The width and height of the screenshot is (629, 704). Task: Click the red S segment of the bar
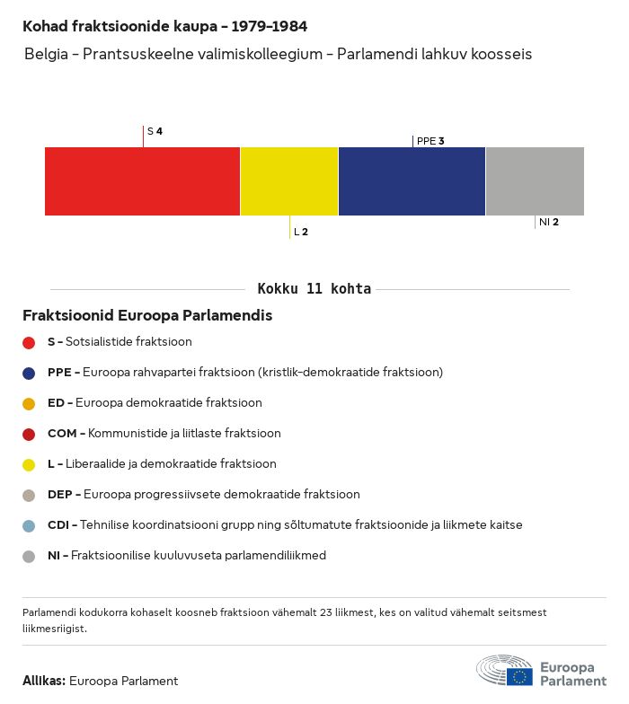click(142, 181)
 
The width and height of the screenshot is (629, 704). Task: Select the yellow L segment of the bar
click(289, 181)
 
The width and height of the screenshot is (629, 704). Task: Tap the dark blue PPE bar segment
click(412, 181)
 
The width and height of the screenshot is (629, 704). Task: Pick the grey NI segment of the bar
click(535, 181)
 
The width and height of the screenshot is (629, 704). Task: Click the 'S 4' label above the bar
click(155, 131)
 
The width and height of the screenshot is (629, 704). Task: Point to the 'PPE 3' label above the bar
click(430, 141)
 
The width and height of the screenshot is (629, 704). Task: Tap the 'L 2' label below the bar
click(301, 232)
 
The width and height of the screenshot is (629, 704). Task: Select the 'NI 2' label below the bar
click(548, 222)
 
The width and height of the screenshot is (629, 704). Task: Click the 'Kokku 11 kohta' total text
click(314, 289)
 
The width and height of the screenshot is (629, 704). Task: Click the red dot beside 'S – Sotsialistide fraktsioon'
click(29, 342)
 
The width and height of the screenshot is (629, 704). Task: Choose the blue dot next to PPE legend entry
click(29, 373)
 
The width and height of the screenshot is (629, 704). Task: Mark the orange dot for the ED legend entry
click(29, 403)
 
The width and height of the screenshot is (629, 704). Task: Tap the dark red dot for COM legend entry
click(29, 434)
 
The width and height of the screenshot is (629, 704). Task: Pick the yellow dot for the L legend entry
click(29, 464)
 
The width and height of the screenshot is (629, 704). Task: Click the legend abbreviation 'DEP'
click(59, 495)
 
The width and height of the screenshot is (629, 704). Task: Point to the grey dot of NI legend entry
click(29, 556)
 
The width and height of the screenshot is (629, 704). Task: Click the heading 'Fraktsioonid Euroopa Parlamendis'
click(147, 316)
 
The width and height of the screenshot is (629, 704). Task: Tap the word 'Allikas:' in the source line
click(44, 681)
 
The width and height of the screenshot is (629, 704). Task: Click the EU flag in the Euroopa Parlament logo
click(519, 676)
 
